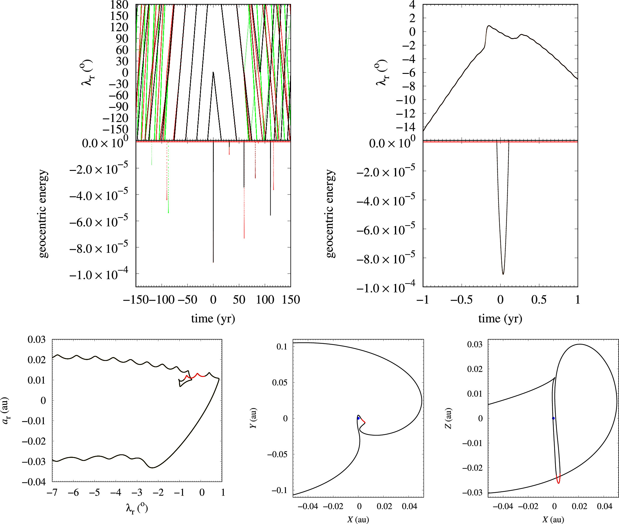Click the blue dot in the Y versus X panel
click(358, 418)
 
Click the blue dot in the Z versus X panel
click(553, 418)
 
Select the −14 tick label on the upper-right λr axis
click(406, 127)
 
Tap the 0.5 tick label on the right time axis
click(539, 300)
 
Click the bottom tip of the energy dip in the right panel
click(503, 274)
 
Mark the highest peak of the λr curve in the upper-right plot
click(489, 26)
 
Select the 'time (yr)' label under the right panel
click(500, 319)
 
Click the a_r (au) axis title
click(5, 411)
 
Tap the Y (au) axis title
click(253, 418)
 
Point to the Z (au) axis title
click(448, 418)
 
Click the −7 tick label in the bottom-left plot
click(52, 493)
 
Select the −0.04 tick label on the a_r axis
click(34, 482)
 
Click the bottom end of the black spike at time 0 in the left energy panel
click(213, 262)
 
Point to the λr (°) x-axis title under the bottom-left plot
click(137, 509)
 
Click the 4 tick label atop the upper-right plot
click(412, 5)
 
